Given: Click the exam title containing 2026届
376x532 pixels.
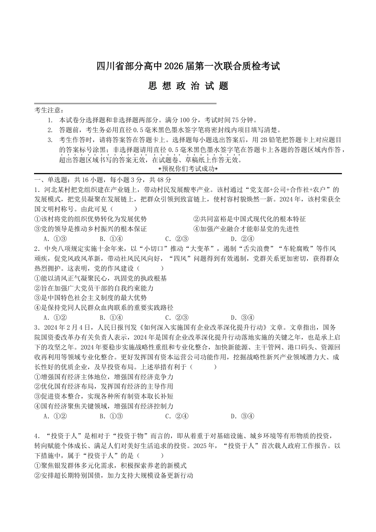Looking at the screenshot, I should click(188, 66).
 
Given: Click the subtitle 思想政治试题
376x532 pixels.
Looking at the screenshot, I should click(188, 86).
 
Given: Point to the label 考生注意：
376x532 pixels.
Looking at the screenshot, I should click(49, 110).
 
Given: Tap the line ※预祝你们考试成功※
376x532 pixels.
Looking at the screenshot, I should click(188, 169).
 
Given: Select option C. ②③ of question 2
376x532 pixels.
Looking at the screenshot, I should click(177, 317).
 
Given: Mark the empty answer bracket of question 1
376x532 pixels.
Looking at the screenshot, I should click(124, 209).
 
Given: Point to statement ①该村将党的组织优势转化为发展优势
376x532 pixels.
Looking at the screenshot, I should click(91, 219).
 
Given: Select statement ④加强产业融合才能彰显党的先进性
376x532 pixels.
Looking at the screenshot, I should click(246, 229).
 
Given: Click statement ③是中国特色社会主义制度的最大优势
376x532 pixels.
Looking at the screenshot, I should click(91, 298).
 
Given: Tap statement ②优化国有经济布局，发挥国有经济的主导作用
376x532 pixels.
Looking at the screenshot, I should click(104, 386).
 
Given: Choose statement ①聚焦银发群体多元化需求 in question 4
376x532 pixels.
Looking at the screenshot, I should click(110, 465).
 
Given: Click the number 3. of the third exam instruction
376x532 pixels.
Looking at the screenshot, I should click(50, 140).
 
